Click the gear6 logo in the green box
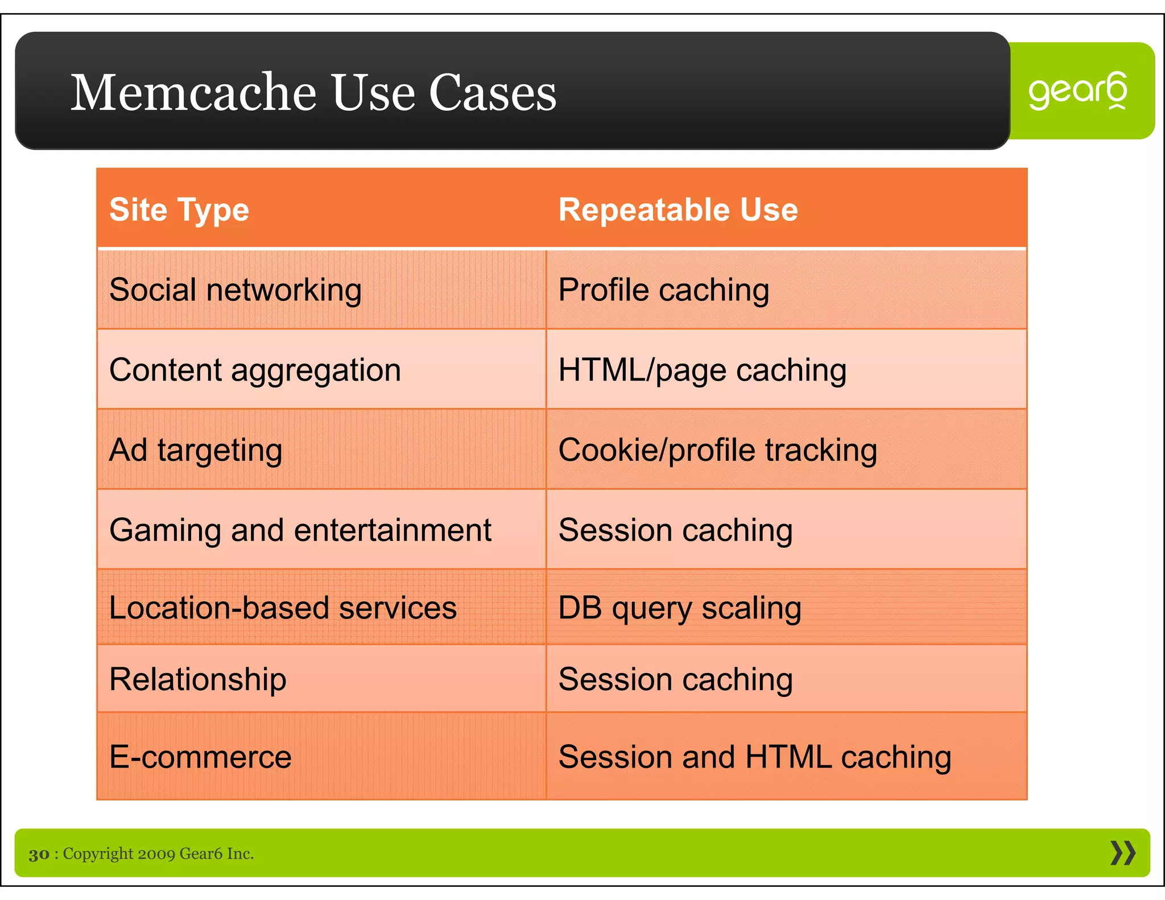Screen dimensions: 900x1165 (1077, 91)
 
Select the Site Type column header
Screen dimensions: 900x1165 (179, 210)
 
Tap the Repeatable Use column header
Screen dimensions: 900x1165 (678, 210)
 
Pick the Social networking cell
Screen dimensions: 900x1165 (236, 290)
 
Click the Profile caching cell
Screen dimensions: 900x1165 (664, 290)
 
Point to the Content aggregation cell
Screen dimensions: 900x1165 (255, 370)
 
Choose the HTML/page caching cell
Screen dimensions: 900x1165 (703, 370)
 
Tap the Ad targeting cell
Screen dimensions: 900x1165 (196, 451)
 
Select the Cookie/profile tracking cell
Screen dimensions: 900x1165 (717, 451)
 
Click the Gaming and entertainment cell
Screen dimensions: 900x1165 (300, 530)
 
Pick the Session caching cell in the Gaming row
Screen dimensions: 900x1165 (676, 530)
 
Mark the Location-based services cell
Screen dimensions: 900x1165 (283, 608)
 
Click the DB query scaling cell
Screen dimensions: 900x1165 (680, 608)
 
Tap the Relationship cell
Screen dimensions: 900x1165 (197, 679)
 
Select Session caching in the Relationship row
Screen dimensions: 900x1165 (676, 679)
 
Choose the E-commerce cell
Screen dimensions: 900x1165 (200, 757)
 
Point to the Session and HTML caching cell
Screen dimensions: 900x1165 (754, 757)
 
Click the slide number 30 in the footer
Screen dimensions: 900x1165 (39, 854)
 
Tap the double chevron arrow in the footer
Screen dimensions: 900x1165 (1123, 853)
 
